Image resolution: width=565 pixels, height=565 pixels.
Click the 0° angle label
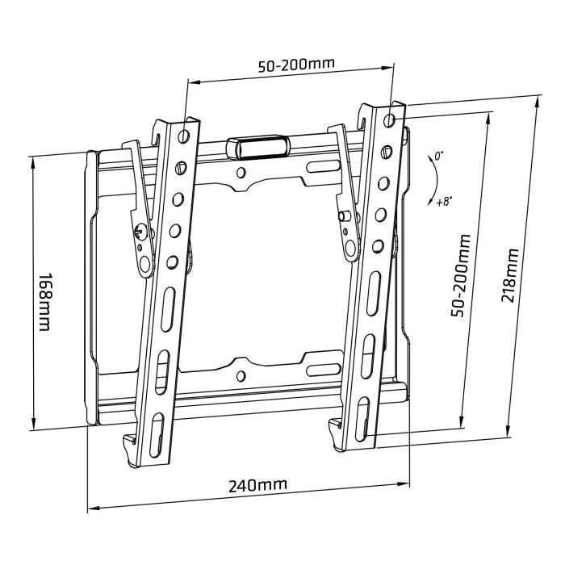(439, 154)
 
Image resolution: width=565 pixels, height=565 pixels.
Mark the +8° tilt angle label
(443, 201)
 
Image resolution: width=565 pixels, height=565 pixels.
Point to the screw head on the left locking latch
(140, 230)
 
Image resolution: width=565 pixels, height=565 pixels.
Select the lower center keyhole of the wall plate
(241, 374)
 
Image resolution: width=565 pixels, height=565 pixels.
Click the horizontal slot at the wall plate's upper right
(322, 165)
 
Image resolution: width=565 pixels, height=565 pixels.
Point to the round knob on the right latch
(345, 216)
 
